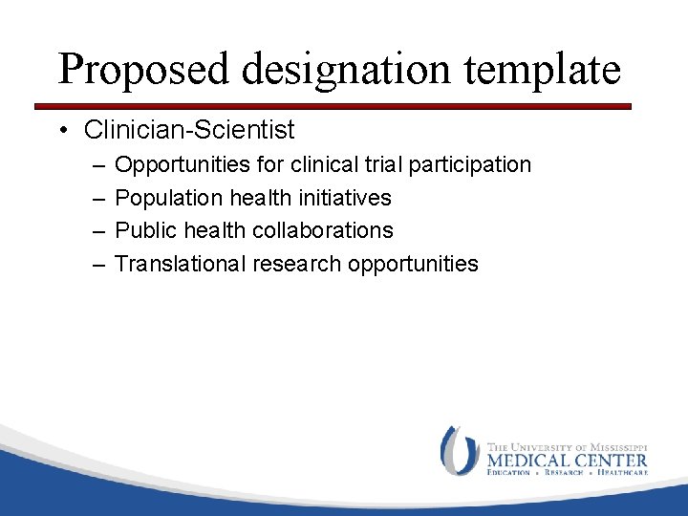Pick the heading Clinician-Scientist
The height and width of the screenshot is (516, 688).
pyautogui.click(x=189, y=129)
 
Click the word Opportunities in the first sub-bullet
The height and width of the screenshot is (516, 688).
pyautogui.click(x=183, y=165)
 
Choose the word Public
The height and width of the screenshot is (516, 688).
pyautogui.click(x=144, y=230)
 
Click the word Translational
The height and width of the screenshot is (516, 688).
pyautogui.click(x=180, y=264)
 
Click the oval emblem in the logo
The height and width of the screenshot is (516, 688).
pyautogui.click(x=458, y=450)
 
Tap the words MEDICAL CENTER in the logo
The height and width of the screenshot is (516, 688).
pyautogui.click(x=567, y=460)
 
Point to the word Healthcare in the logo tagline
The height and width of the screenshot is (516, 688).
pyautogui.click(x=622, y=473)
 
